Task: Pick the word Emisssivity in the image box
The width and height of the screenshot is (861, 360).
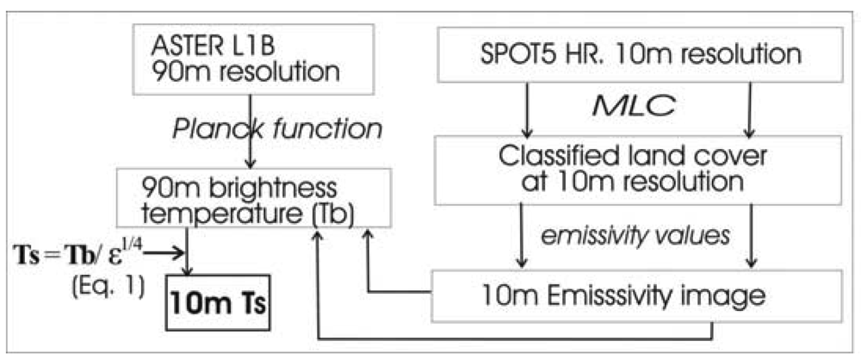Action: point(623,295)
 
